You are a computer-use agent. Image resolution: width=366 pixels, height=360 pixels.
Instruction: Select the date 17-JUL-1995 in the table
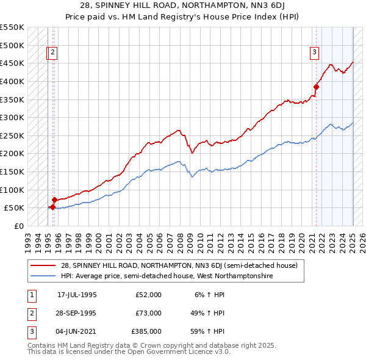77,295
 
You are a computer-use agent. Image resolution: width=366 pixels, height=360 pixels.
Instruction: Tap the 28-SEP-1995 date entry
77,314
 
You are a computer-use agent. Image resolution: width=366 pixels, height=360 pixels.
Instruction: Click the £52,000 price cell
148,295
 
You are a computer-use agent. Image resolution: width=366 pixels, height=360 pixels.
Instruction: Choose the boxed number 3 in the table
31,333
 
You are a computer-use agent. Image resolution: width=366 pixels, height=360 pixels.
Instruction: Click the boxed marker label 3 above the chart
314,52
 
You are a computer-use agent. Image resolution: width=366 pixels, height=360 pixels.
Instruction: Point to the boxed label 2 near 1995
53,52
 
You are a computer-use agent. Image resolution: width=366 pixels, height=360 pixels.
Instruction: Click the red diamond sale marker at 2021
317,87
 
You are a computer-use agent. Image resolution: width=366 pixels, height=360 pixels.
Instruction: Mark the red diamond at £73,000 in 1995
55,200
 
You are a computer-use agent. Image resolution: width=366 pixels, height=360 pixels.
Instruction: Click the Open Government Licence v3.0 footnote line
129,352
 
